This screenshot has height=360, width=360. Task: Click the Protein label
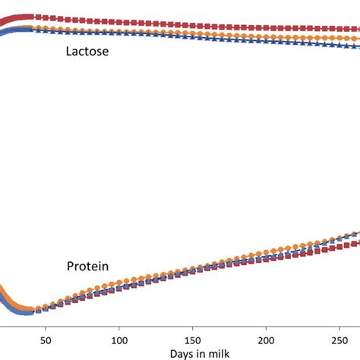tap(87, 267)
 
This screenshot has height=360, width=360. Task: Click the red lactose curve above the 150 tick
tap(192, 24)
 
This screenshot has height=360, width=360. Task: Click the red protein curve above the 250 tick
tap(339, 245)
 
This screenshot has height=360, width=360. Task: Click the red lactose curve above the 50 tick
tap(45, 17)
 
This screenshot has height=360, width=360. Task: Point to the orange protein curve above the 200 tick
tap(266, 255)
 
